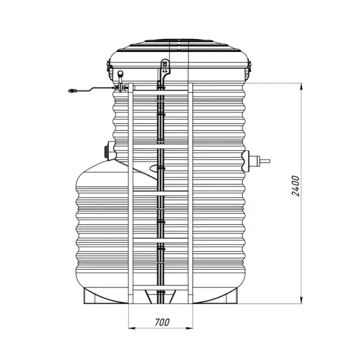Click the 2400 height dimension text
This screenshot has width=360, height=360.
295,185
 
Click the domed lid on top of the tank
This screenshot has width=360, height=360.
180,51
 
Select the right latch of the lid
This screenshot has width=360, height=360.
249,68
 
